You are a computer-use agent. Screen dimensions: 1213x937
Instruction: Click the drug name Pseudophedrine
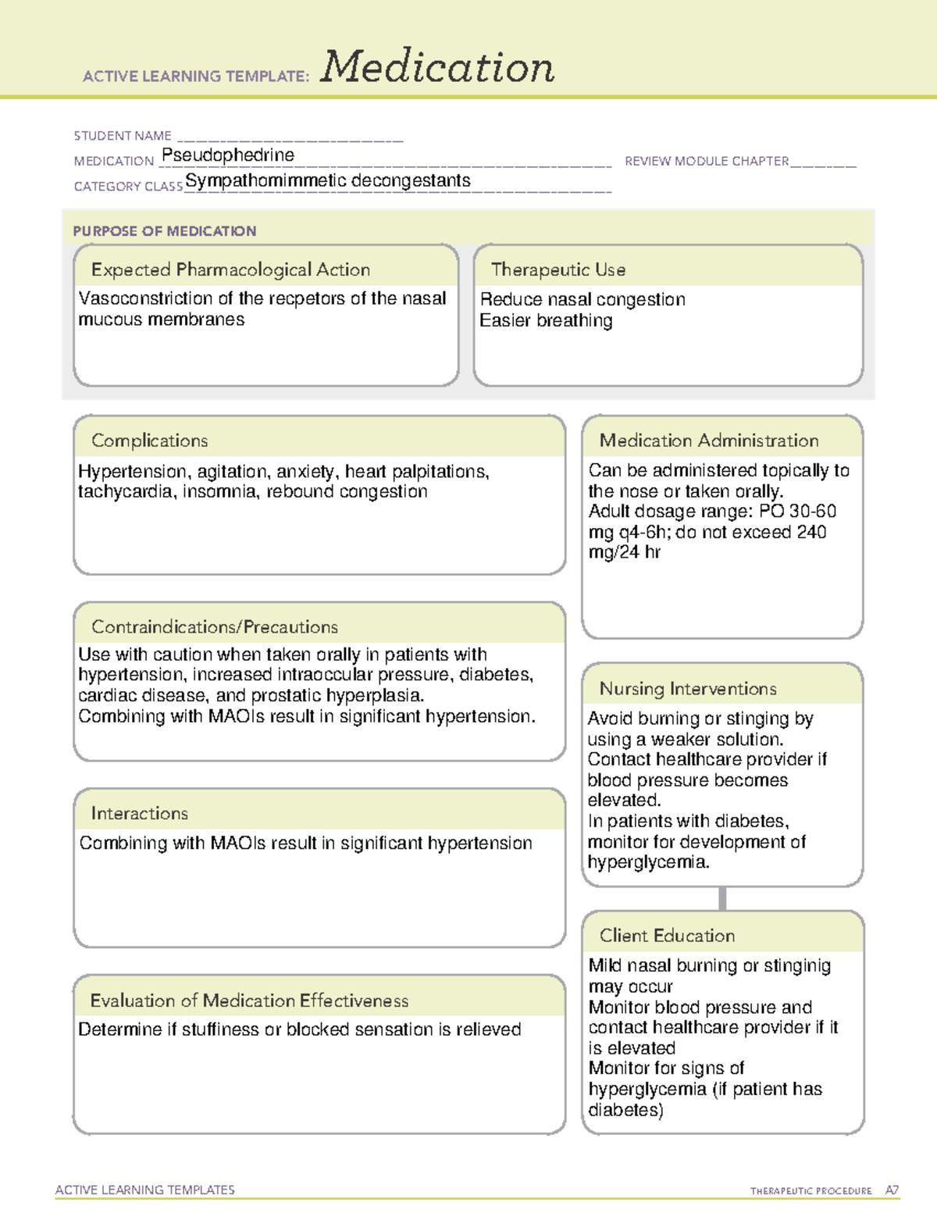[227, 155]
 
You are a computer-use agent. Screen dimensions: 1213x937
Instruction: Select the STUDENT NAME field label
[123, 136]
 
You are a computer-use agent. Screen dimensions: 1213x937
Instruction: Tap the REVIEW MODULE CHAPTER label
[707, 161]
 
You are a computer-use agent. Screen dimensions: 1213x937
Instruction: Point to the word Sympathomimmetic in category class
[265, 181]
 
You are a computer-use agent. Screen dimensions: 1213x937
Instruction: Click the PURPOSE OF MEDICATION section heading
[165, 231]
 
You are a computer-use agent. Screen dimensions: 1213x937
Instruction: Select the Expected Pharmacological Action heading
[230, 269]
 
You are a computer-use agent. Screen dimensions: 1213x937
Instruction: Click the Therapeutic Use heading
[558, 269]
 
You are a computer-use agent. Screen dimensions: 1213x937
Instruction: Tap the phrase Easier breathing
[546, 320]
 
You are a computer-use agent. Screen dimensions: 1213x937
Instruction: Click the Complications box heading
[150, 441]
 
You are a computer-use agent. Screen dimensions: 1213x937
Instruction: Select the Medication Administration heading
[709, 441]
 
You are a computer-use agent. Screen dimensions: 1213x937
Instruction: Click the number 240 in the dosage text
[811, 532]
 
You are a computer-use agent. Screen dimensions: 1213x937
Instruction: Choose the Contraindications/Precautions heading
[215, 626]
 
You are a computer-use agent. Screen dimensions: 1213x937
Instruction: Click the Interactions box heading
[140, 813]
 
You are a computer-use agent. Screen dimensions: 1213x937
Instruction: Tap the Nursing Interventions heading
[688, 688]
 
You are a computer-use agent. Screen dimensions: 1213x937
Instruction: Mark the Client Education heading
[668, 935]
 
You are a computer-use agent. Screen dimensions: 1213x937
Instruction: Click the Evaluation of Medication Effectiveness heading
[249, 1001]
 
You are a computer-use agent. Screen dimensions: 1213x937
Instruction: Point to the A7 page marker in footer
[892, 1190]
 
